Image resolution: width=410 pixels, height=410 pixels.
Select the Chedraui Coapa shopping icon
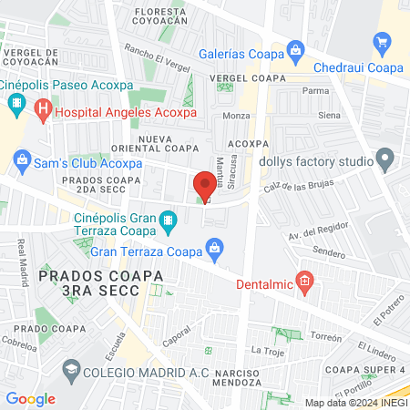(383, 42)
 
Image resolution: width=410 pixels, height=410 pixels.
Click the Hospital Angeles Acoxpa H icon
(42, 112)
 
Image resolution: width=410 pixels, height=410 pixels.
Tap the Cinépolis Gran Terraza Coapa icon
(168, 220)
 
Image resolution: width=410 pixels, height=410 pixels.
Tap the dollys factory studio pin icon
(385, 159)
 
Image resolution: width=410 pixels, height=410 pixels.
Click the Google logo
(31, 398)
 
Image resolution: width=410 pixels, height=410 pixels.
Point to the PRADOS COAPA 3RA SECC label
(88, 282)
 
